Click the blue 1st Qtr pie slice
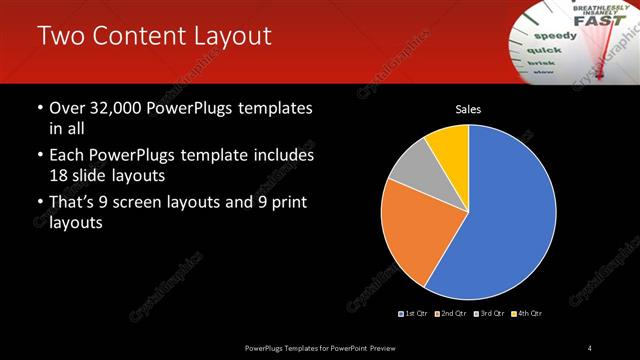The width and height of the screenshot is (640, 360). (500, 220)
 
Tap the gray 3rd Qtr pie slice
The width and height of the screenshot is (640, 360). (410, 166)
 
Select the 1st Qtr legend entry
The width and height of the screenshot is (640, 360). (414, 314)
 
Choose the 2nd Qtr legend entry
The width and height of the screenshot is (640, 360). (453, 314)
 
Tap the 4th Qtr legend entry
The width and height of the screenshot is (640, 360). (529, 314)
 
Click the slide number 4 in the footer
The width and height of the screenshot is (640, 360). (590, 347)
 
